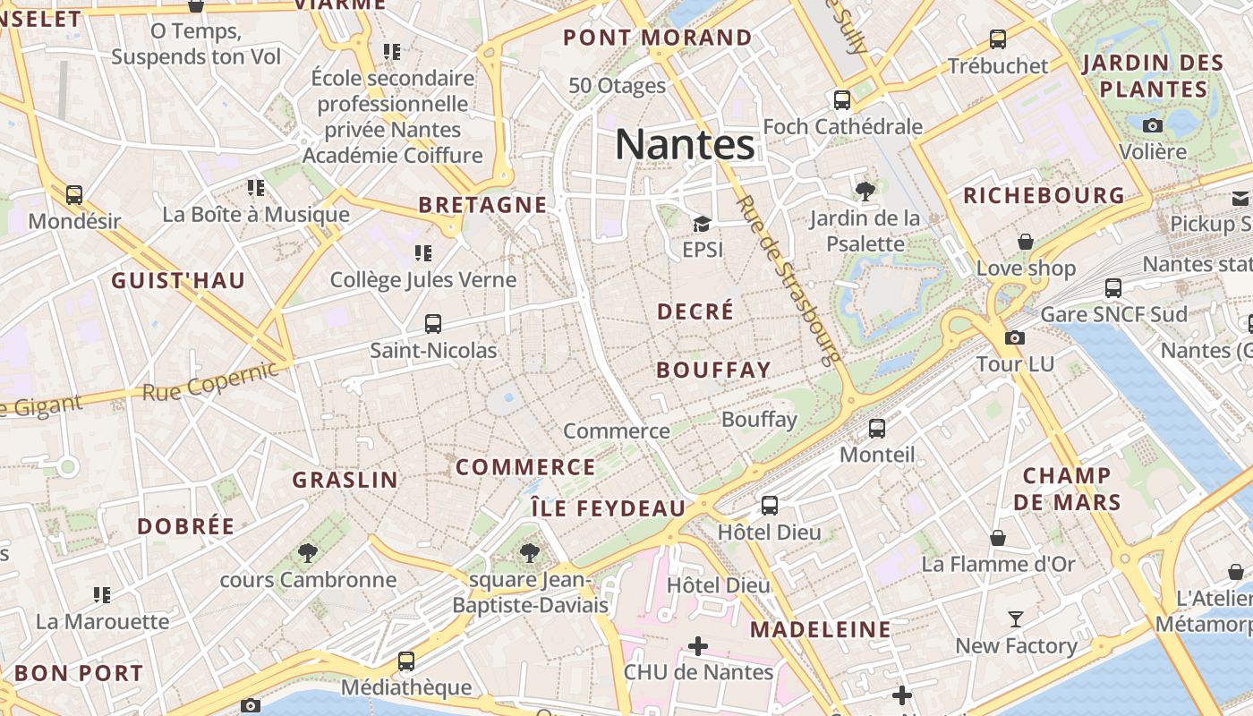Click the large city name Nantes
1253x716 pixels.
click(x=685, y=143)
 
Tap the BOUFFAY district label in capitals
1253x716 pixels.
click(x=713, y=370)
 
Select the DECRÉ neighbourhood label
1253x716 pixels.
click(x=695, y=311)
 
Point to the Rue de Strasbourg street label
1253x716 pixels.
click(x=788, y=280)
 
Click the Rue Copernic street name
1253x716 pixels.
click(x=210, y=381)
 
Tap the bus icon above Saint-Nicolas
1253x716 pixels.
click(x=433, y=324)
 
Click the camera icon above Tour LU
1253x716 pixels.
click(x=1015, y=337)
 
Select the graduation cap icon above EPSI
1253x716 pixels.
click(x=702, y=224)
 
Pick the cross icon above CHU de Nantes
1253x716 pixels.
click(x=698, y=645)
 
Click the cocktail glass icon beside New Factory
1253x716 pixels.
click(x=1016, y=619)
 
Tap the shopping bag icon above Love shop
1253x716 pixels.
click(x=1026, y=242)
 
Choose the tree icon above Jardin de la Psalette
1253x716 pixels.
click(x=865, y=191)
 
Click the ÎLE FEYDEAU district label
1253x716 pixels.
click(x=608, y=508)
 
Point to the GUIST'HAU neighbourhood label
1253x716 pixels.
click(x=178, y=281)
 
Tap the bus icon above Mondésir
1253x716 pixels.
click(x=74, y=194)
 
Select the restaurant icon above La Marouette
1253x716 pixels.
click(x=102, y=594)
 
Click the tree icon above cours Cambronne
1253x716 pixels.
click(x=308, y=553)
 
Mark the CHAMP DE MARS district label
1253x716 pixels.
click(x=1067, y=489)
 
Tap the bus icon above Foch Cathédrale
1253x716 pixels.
click(x=842, y=99)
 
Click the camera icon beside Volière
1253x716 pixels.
click(x=1153, y=125)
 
